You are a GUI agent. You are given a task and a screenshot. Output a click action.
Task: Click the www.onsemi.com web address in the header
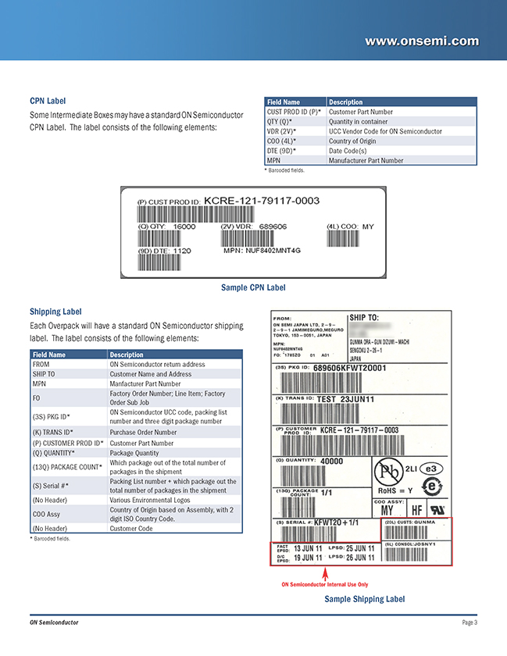(422, 40)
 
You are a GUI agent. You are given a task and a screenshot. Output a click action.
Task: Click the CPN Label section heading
(48, 101)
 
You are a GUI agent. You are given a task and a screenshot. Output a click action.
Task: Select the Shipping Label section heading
(55, 312)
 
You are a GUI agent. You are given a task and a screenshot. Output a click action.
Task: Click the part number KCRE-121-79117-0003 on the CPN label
(262, 201)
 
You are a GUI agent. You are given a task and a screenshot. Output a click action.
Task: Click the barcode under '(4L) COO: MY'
(351, 238)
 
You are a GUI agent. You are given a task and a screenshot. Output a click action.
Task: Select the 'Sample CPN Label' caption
(253, 288)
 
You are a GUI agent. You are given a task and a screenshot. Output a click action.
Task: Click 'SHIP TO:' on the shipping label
(364, 318)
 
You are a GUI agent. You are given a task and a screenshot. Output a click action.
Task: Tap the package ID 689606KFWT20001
(350, 368)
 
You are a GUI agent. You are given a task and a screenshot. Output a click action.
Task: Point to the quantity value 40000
(332, 461)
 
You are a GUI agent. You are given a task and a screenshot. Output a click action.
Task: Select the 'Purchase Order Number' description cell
(143, 432)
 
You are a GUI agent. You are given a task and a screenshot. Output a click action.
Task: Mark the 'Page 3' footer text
(469, 622)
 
